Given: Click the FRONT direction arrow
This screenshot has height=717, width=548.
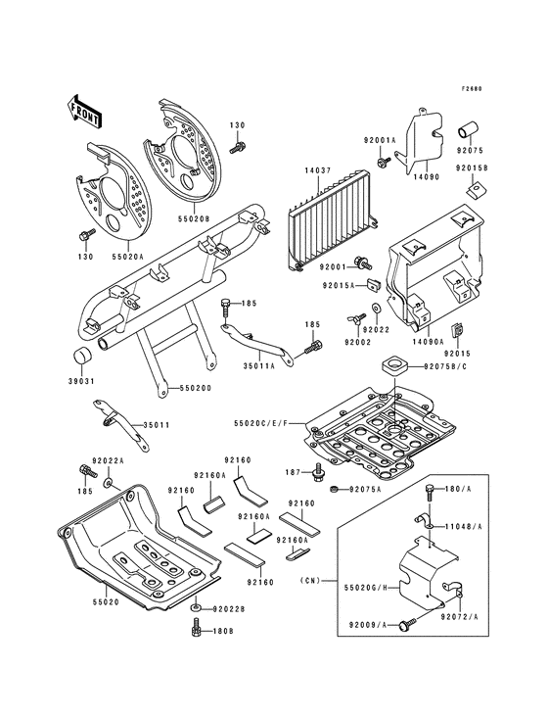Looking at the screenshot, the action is (84, 111).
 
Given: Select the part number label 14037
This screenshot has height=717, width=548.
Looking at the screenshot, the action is (318, 171).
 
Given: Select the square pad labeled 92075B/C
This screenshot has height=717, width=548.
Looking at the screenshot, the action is (390, 365).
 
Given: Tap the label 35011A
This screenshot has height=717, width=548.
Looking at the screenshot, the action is (258, 365).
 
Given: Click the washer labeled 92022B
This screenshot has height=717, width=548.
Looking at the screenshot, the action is (196, 608).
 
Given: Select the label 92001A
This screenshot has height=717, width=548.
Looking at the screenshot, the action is (379, 141).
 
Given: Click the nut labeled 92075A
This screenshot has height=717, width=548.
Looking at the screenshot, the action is (335, 490).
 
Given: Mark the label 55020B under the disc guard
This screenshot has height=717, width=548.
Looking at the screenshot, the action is (194, 219).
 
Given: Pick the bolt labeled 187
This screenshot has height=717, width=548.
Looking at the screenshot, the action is (318, 472).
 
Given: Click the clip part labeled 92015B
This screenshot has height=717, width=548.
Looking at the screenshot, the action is (470, 188).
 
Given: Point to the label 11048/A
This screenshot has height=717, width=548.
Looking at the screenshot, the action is (464, 527).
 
